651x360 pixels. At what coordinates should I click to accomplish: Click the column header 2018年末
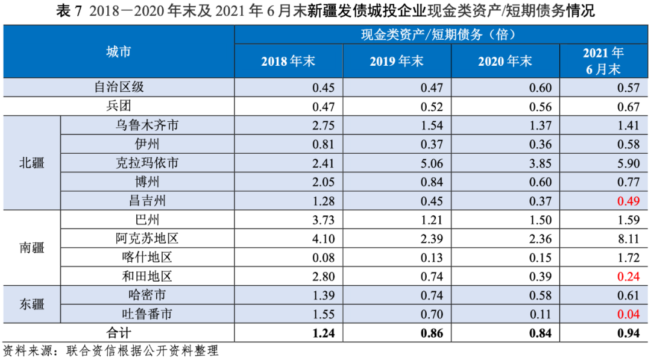pos(288,61)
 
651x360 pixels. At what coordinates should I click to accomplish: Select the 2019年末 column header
pos(397,61)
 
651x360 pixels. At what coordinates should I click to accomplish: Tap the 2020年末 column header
pos(505,61)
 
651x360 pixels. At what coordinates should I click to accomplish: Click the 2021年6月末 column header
pos(603,61)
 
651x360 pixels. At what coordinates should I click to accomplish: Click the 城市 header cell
pos(118,52)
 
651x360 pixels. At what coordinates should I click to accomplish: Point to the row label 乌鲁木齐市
pos(147,125)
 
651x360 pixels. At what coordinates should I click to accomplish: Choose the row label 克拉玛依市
pos(147,163)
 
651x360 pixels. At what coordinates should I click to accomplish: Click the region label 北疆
pos(31,163)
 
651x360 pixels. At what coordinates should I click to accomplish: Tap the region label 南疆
pos(31,248)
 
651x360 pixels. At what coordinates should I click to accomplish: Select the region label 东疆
pos(31,304)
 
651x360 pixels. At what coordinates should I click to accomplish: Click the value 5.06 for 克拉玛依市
pos(432,163)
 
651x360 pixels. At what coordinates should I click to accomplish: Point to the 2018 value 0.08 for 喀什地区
pos(323,258)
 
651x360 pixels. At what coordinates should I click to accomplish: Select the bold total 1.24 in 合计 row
pos(323,333)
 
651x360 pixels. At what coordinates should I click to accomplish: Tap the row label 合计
pos(118,332)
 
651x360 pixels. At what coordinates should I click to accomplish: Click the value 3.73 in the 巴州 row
pos(323,220)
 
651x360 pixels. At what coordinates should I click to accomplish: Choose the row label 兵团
pos(118,107)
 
